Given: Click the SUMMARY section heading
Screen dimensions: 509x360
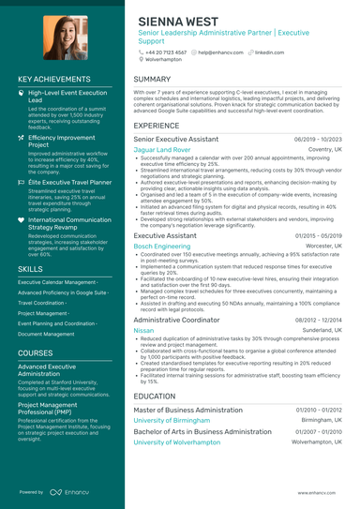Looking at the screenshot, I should pos(152,80).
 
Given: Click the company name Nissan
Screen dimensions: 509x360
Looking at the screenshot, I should pos(143,331).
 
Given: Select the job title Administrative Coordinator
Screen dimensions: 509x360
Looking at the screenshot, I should pos(175,320).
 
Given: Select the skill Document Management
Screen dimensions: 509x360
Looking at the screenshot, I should pos(46,333).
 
